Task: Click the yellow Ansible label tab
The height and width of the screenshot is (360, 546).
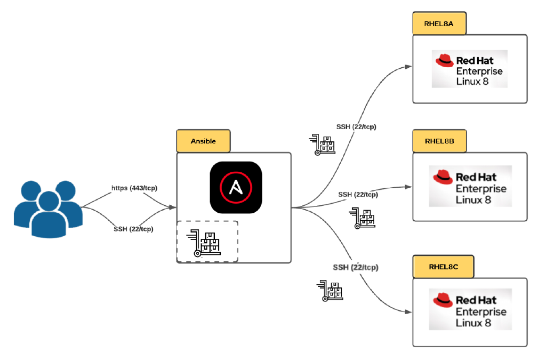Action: pos(203,141)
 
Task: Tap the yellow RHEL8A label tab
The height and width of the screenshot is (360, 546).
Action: pos(439,23)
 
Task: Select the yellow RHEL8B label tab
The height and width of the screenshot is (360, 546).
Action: pos(439,141)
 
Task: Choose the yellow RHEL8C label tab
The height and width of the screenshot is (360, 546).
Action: pos(443,267)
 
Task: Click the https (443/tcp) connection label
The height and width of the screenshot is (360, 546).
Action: pos(134,188)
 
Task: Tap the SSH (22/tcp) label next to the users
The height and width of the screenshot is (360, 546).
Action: pos(133,229)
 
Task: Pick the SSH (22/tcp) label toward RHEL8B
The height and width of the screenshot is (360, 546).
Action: pos(358,195)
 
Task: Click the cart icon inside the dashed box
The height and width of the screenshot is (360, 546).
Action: pos(203,243)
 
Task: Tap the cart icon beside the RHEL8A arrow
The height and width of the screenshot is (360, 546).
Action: pos(323,145)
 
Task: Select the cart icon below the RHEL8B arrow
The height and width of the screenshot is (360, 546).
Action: pos(363,219)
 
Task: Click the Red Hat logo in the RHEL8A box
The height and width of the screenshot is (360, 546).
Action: pos(469,69)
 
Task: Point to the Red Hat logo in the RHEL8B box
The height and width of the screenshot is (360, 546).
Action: pos(470,186)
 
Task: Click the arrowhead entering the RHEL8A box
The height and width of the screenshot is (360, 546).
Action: pos(408,67)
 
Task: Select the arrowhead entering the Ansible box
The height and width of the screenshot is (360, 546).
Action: pos(172,207)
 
